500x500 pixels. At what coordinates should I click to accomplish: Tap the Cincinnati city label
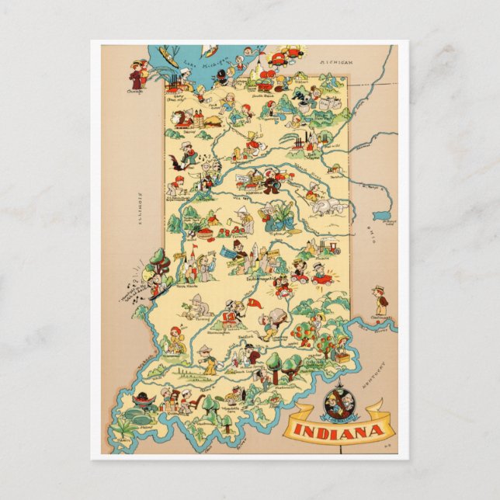380,317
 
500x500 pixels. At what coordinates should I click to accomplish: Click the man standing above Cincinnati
379,299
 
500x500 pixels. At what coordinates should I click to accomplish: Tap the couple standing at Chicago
139,73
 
